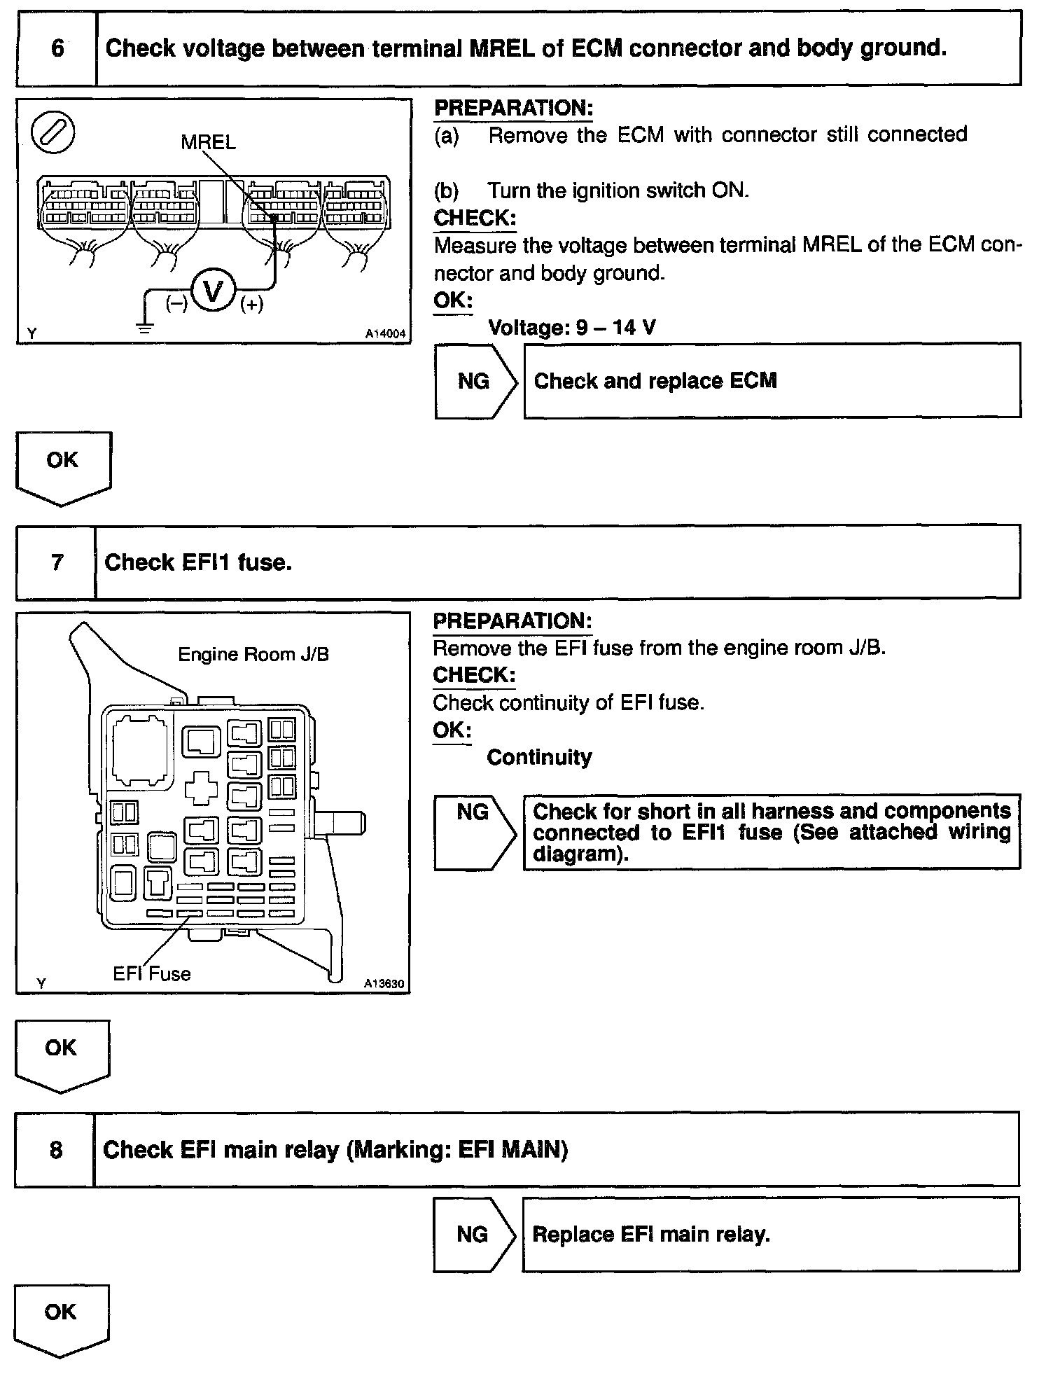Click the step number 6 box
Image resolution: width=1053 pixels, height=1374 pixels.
[x=57, y=48]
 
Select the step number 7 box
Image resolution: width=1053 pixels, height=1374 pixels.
[x=56, y=562]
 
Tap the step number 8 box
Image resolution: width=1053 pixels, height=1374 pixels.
[x=55, y=1150]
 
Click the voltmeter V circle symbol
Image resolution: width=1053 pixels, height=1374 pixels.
[x=213, y=290]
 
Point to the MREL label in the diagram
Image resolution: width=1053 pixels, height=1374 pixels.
[x=208, y=142]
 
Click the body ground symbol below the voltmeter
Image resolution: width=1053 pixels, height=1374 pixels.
[x=145, y=327]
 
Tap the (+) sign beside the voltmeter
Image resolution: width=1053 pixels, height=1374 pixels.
[x=251, y=305]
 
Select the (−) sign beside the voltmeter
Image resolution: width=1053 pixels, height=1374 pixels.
[x=176, y=304]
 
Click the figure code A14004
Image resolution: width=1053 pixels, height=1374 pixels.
[x=385, y=334]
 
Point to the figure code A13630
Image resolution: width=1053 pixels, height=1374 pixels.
[x=384, y=983]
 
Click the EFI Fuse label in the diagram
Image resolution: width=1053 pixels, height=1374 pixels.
[x=152, y=973]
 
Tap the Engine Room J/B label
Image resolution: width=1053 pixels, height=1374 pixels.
[x=253, y=654]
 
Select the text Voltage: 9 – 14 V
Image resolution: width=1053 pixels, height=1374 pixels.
[x=571, y=327]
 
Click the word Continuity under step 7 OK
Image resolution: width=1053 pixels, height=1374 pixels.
[x=539, y=757]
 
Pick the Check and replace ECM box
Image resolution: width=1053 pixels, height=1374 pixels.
[x=772, y=381]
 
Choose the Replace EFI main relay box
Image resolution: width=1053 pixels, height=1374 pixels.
[x=770, y=1234]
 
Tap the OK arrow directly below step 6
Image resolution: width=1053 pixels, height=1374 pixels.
[x=62, y=466]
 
